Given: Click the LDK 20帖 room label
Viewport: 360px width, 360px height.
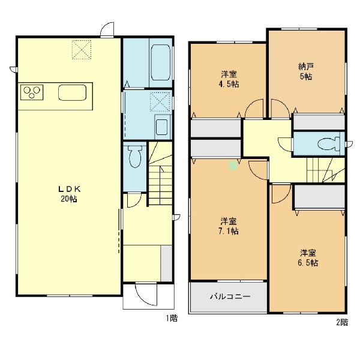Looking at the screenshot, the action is point(69,194).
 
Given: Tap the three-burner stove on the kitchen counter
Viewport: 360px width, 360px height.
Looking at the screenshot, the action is point(32,92).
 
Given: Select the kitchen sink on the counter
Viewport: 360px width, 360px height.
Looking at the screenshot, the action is point(73,92).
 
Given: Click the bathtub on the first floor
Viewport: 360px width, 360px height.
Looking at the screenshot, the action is point(160,62).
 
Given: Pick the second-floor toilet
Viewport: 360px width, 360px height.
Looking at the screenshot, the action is point(329,144).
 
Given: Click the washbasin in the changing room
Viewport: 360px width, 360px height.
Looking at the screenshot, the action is point(163,127).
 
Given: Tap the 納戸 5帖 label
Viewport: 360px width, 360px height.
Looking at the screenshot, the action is point(306,71).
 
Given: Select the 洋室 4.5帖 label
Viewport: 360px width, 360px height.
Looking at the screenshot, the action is point(229,79).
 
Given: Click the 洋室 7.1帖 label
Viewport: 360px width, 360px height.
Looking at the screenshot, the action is point(229,226).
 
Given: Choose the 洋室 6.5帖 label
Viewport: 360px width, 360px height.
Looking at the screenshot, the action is point(308,258).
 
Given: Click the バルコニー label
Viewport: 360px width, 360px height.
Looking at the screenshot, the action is point(230,296).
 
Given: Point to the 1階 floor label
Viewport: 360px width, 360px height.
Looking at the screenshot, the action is point(172,318).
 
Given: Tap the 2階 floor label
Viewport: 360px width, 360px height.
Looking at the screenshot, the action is point(342,322).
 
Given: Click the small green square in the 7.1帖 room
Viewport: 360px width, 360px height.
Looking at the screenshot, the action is point(233,166).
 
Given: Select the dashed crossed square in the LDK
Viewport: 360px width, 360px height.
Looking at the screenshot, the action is point(82,50).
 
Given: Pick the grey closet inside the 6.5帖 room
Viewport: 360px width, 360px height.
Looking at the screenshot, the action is point(320,197).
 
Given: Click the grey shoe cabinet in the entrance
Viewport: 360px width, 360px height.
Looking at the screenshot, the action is point(166,263).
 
